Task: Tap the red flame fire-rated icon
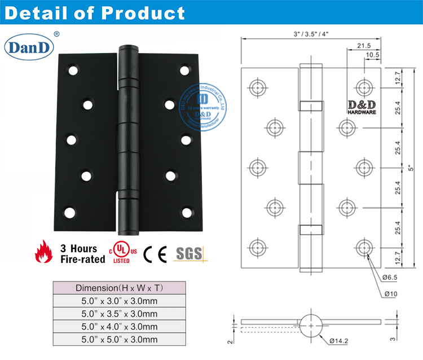(x=41, y=253)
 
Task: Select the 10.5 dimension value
(x=372, y=55)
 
